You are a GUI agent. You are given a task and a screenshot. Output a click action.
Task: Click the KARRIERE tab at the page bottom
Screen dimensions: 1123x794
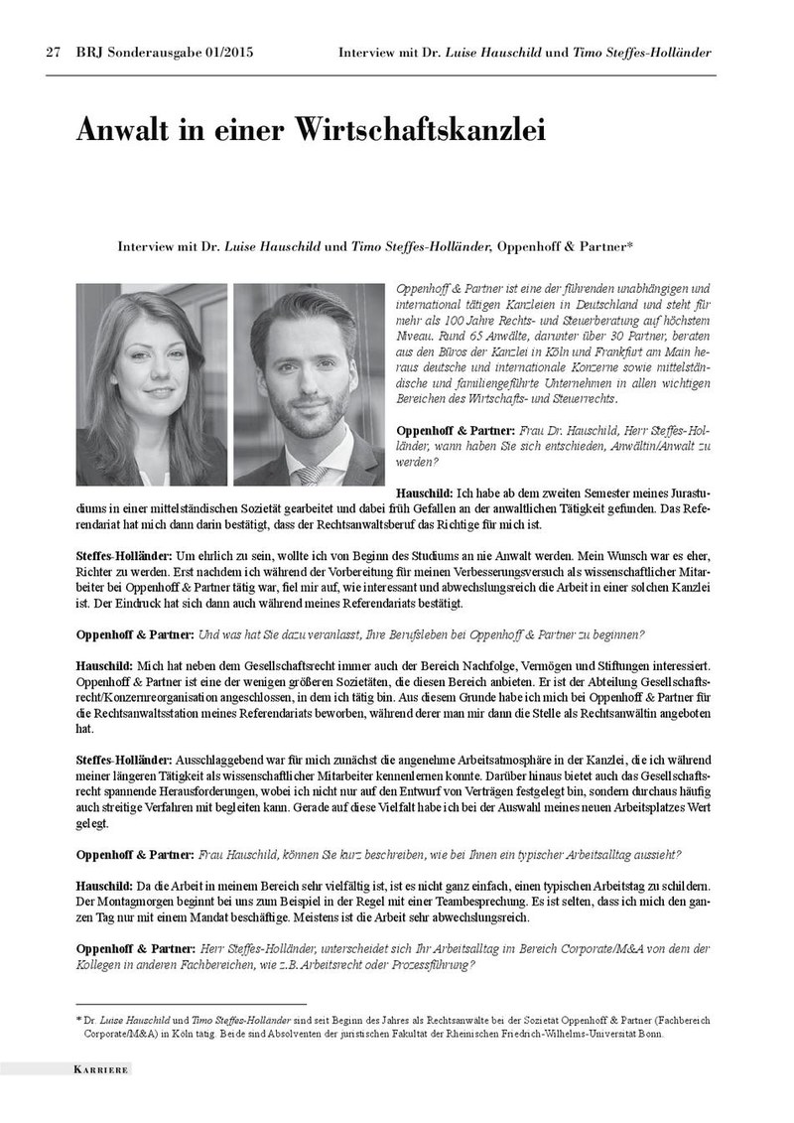[102, 1070]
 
